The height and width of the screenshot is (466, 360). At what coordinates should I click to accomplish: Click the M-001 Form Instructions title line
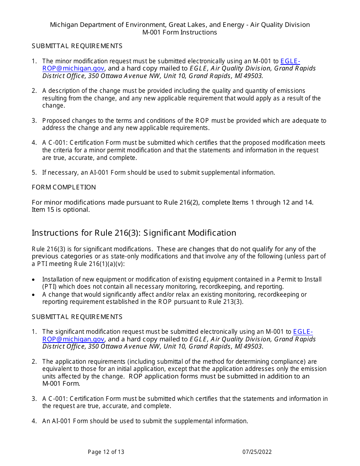[x=180, y=32]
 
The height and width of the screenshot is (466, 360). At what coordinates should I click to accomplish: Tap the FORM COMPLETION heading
[x=64, y=187]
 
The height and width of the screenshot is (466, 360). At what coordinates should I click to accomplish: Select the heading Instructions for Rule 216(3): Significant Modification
[x=134, y=233]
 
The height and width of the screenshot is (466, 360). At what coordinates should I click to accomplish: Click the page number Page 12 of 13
[x=106, y=452]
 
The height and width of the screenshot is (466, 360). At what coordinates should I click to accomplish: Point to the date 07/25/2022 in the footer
[x=257, y=452]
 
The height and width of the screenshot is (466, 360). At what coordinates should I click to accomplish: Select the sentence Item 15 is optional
[x=61, y=210]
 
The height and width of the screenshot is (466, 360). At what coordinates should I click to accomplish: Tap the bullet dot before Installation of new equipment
[x=34, y=280]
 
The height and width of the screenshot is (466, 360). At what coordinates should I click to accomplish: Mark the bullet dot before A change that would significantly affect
[x=34, y=295]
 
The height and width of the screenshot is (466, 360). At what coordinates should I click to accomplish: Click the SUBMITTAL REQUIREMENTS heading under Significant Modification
[x=77, y=317]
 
